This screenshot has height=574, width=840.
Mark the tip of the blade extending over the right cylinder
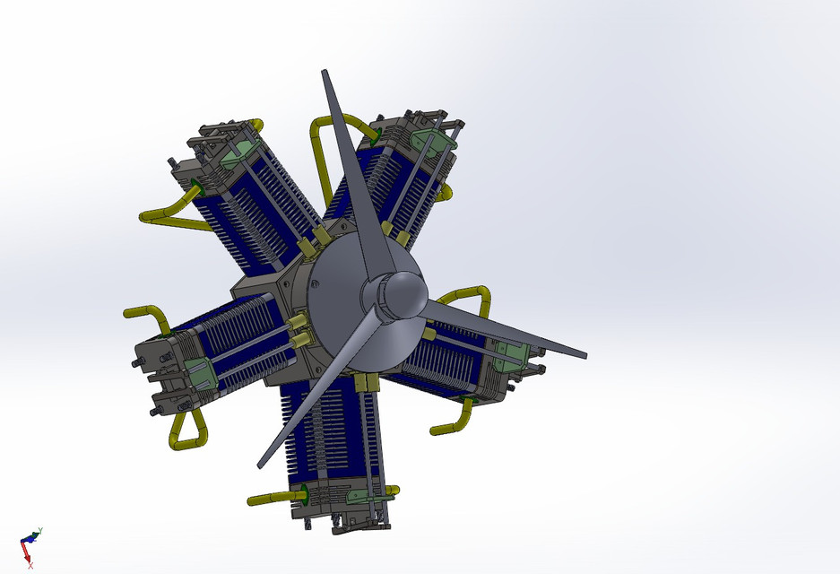(584, 355)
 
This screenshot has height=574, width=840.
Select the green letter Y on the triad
(40, 531)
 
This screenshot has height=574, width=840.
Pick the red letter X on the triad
(30, 565)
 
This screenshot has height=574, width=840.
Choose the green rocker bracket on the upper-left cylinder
(237, 153)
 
